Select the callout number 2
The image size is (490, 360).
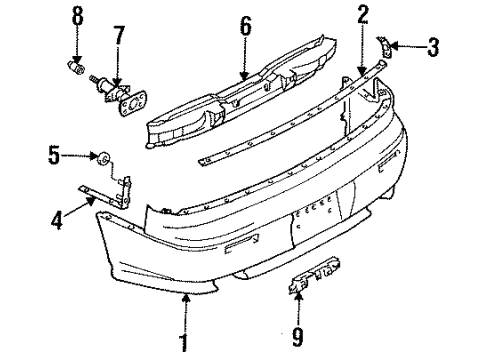coord(363,14)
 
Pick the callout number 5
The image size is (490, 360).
coord(55,154)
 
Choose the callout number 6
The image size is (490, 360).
coord(245,25)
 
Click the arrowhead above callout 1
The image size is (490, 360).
coord(183,296)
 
